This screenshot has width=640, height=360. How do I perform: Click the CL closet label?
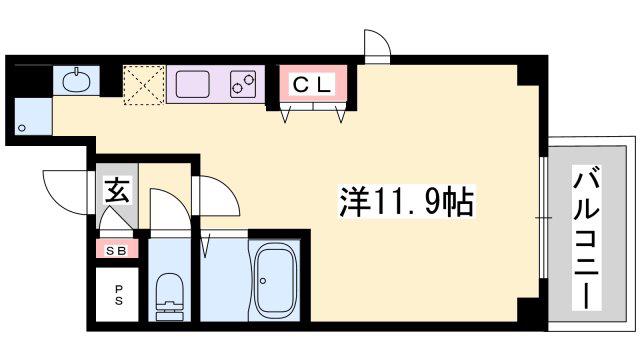(x=313, y=85)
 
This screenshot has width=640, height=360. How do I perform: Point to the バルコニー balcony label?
(x=586, y=238)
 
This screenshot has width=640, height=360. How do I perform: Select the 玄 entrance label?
(x=118, y=191)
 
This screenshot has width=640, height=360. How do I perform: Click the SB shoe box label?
(x=116, y=251)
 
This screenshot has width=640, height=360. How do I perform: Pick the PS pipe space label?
(x=118, y=296)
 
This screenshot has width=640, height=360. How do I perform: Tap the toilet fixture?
(x=169, y=296)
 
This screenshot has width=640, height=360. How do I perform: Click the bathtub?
(x=275, y=280)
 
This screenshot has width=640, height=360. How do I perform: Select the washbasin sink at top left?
(x=76, y=80)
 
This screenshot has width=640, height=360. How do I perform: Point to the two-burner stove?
(x=243, y=84)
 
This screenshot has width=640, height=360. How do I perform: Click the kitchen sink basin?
(x=193, y=84)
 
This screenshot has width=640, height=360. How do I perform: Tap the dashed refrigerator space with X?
(x=144, y=85)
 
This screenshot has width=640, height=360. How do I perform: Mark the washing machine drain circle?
(x=22, y=128)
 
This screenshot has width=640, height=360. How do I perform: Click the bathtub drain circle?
(x=263, y=281)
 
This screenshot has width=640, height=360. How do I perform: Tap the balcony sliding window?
(x=543, y=217)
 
